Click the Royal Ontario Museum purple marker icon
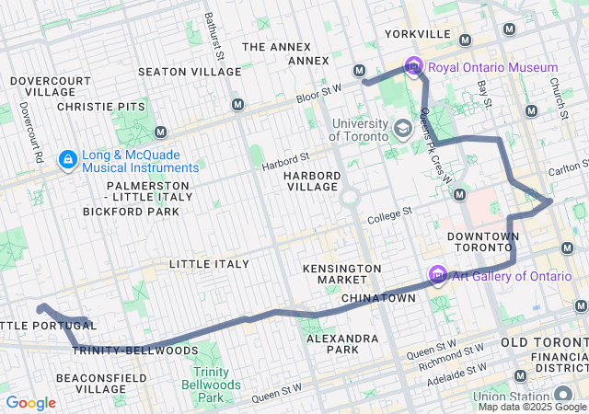click(x=413, y=66)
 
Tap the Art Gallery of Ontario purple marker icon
click(x=438, y=275)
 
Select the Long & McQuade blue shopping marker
click(x=67, y=160)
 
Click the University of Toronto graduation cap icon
click(x=402, y=128)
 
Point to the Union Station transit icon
click(x=520, y=376)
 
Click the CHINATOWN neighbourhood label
click(x=378, y=299)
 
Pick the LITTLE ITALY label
click(x=209, y=264)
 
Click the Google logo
click(x=30, y=402)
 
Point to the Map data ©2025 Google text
click(x=531, y=407)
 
